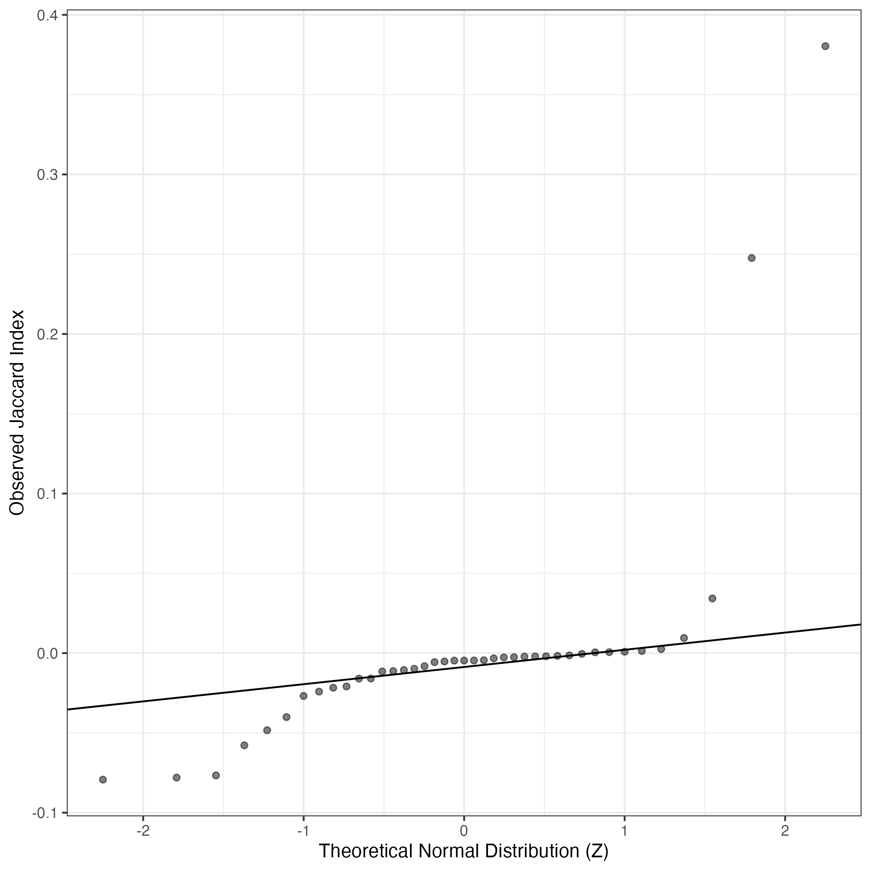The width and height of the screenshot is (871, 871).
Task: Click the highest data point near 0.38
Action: (x=825, y=46)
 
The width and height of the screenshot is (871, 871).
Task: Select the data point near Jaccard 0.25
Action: (x=751, y=258)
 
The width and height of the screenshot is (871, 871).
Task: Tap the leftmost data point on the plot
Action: (x=103, y=779)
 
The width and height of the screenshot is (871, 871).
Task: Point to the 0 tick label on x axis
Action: (x=464, y=831)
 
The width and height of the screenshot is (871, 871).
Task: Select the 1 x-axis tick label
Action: (x=625, y=831)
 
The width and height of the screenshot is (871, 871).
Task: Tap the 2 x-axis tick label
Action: (x=785, y=831)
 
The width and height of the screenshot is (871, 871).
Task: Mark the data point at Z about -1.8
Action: (x=177, y=777)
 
